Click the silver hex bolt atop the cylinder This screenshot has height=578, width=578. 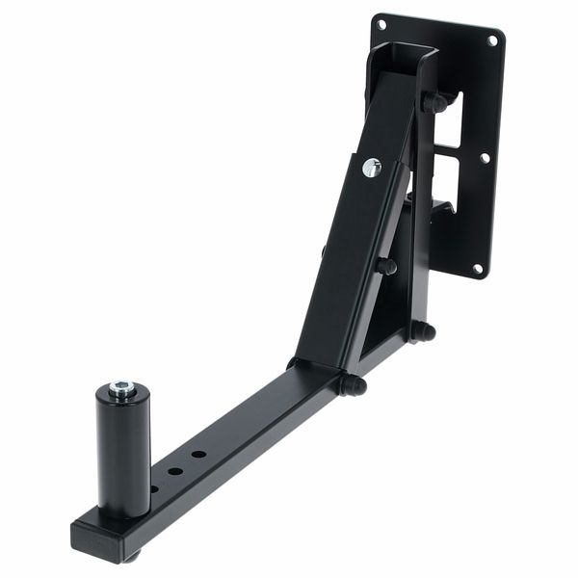[122, 388]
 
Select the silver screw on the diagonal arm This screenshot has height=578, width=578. [372, 167]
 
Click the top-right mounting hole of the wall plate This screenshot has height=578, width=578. [493, 40]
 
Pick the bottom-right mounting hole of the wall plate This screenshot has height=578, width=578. [477, 269]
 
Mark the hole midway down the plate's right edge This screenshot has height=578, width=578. [485, 157]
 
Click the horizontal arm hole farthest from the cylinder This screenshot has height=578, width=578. [197, 454]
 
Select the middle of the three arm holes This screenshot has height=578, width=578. [176, 471]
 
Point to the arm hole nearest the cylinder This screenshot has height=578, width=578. [155, 488]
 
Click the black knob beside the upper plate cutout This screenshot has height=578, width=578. [435, 101]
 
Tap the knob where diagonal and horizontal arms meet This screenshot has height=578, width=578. [352, 385]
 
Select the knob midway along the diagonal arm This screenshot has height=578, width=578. [385, 266]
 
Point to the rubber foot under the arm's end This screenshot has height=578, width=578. [134, 556]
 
